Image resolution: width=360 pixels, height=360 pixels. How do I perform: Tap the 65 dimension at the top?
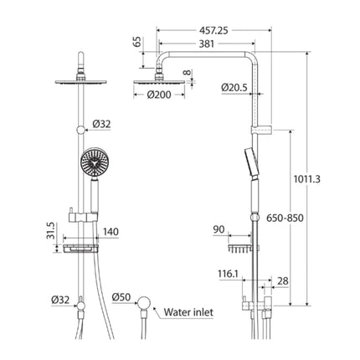click(x=136, y=42)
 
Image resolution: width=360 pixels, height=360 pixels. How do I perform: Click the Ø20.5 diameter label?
click(x=235, y=86)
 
